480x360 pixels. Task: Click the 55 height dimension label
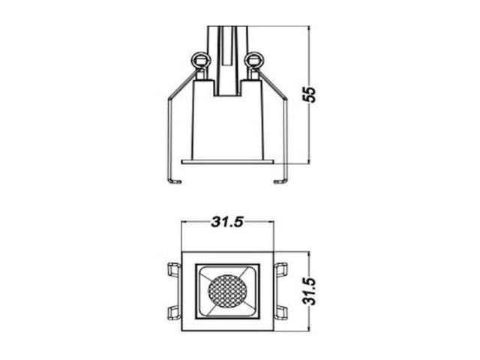(x=308, y=94)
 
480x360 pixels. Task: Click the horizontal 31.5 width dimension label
(x=227, y=222)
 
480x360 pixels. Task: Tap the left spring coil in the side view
(x=200, y=60)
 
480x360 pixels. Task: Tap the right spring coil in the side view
(x=253, y=60)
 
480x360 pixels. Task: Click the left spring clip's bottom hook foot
(x=175, y=181)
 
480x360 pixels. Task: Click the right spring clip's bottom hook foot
(x=280, y=181)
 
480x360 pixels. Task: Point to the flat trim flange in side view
(x=227, y=162)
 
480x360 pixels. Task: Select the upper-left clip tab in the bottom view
(x=174, y=270)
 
